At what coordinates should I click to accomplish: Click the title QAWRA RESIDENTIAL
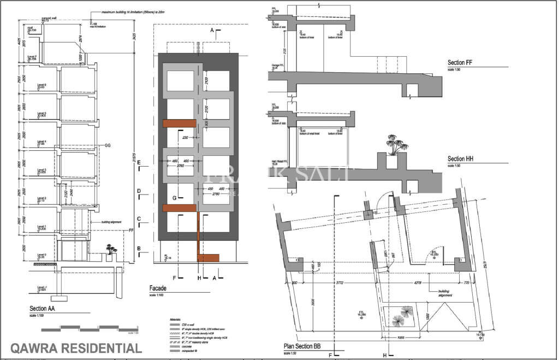tap(76, 348)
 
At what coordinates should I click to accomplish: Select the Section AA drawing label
tap(44, 309)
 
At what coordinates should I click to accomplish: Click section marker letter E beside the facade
tap(139, 163)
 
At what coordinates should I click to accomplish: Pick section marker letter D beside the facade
tap(139, 191)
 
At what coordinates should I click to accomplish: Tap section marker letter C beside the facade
tap(139, 219)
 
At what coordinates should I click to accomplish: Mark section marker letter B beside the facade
tap(139, 249)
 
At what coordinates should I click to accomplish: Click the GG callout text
tap(108, 146)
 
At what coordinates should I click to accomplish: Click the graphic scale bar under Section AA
tap(87, 327)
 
